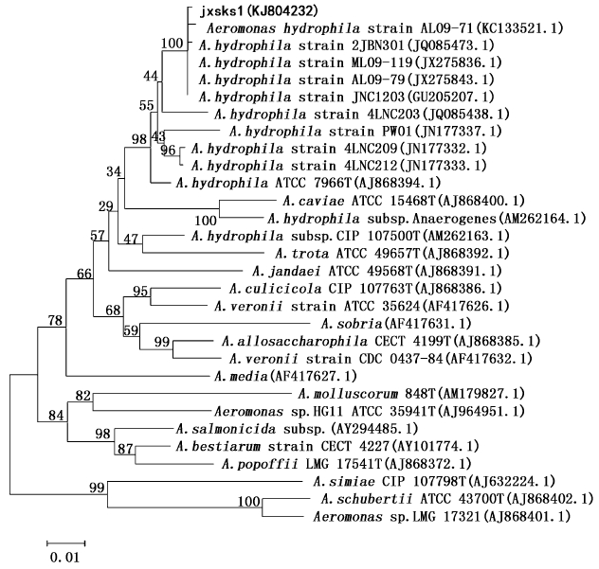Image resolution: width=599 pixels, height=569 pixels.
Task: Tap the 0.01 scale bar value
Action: [64, 558]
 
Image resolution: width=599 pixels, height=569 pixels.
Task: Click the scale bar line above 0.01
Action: [64, 543]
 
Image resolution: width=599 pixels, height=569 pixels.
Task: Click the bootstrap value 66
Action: [84, 274]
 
